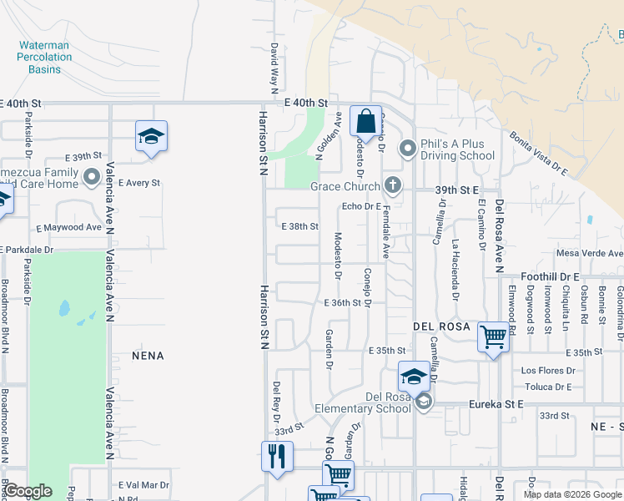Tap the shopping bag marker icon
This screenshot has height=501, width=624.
(x=365, y=121)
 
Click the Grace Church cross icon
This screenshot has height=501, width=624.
(x=392, y=185)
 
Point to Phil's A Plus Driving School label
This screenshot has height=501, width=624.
(x=457, y=149)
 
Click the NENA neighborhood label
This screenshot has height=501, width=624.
(x=148, y=356)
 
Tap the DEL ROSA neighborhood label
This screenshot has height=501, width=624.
(x=442, y=326)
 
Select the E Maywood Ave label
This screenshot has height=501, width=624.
(x=69, y=227)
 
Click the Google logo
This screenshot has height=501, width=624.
(x=28, y=491)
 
